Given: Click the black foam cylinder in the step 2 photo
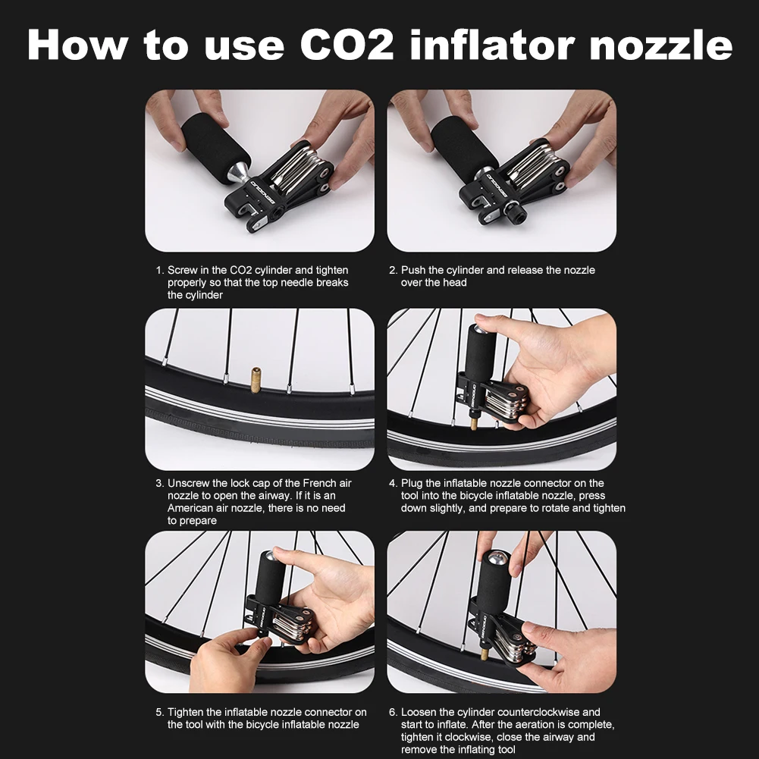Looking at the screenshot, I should (464, 149).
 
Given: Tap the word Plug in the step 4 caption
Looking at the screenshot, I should (412, 483).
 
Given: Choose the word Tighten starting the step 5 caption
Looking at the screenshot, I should (186, 712).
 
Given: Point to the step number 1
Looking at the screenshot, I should (158, 270).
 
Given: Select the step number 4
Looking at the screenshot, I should (393, 483).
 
